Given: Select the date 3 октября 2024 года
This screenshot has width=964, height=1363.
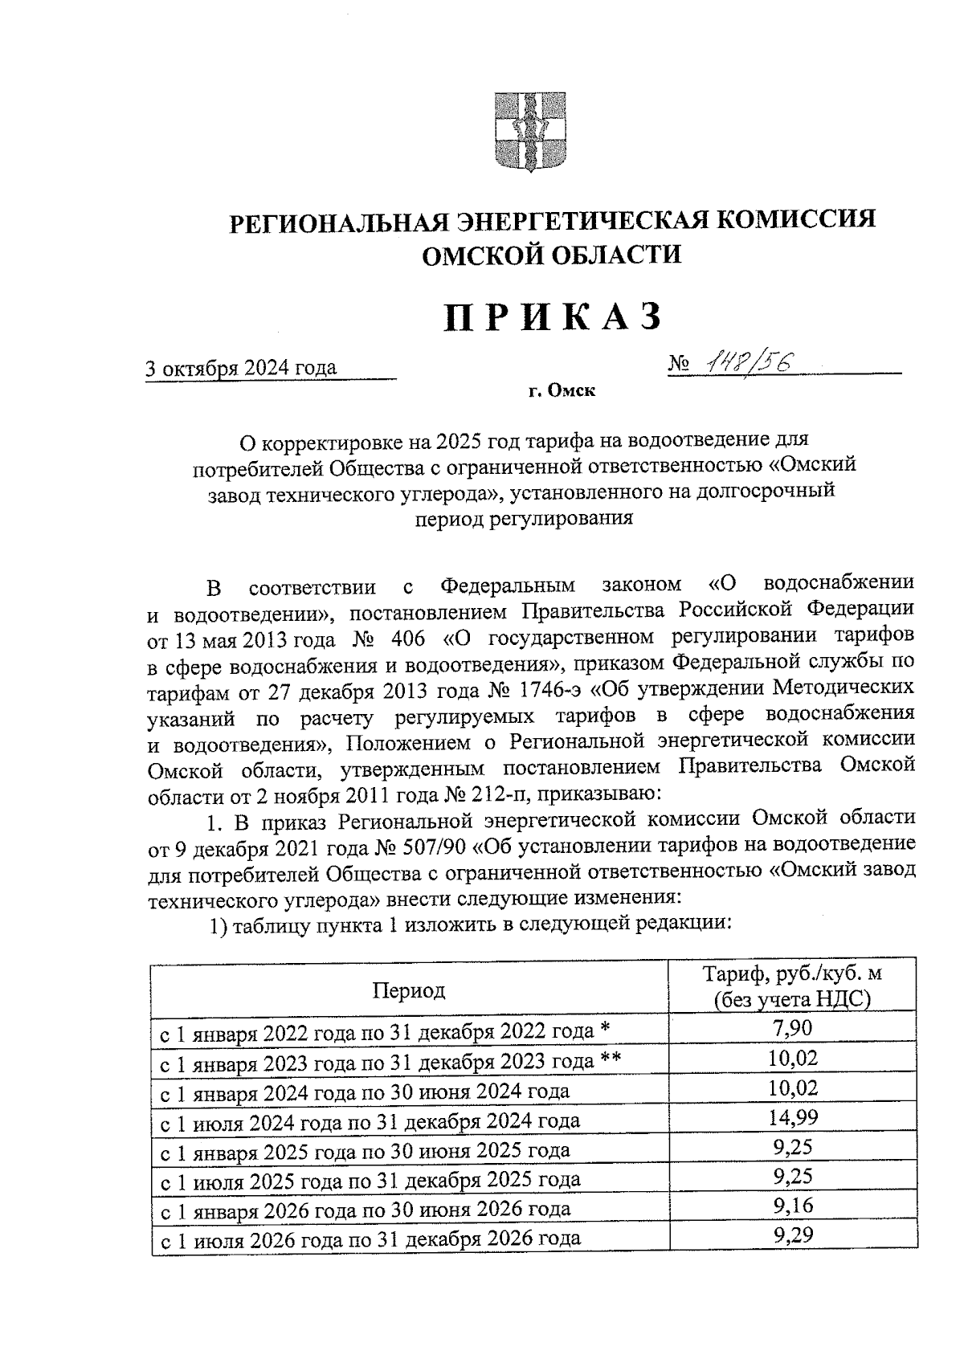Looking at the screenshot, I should pyautogui.click(x=241, y=369).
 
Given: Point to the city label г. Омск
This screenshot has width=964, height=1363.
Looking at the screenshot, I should pyautogui.click(x=562, y=392).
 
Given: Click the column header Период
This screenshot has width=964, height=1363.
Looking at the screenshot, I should pyautogui.click(x=408, y=990).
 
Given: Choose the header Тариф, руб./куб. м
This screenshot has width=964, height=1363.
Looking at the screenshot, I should pyautogui.click(x=792, y=974).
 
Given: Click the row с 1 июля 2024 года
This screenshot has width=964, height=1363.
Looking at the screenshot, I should pyautogui.click(x=370, y=1120).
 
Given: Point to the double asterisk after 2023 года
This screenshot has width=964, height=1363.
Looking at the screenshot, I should pyautogui.click(x=611, y=1059).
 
